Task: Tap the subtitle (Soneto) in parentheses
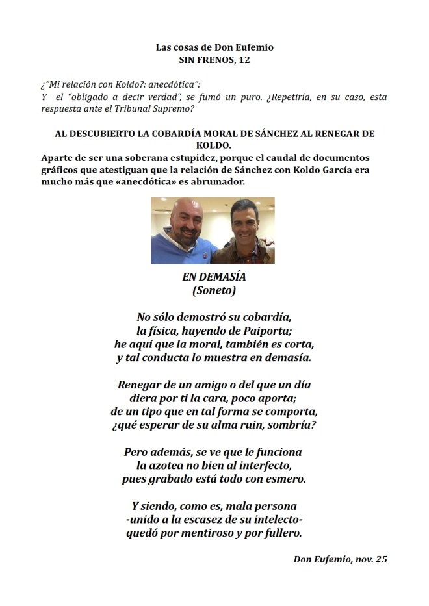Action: [214, 291]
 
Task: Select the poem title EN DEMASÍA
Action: [214, 277]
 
